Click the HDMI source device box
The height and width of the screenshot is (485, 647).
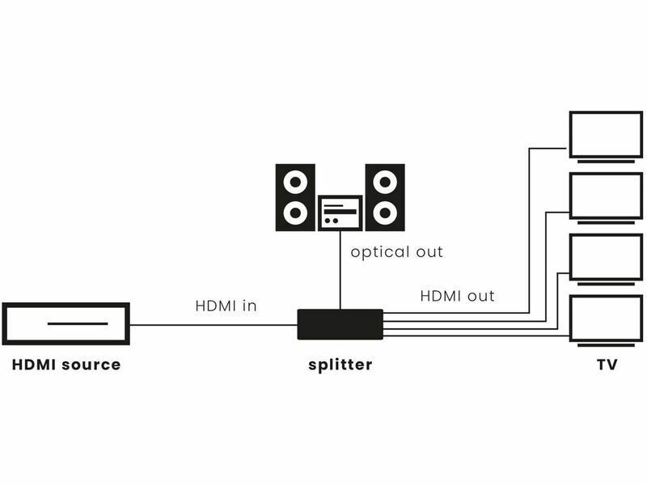coord(66,324)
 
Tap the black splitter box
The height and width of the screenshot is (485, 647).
coord(340,324)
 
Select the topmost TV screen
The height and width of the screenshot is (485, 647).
coord(605,134)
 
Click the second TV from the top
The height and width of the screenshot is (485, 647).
coord(605,196)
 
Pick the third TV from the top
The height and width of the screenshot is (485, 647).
coord(605,257)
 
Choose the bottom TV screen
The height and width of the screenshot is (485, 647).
coord(605,318)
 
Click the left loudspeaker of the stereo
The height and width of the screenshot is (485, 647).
coord(295,197)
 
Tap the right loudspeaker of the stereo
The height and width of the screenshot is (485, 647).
coord(384,197)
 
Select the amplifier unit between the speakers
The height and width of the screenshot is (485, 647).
coord(340,213)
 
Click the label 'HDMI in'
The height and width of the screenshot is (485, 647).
coord(226,306)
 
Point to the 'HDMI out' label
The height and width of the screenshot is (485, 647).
coord(457,296)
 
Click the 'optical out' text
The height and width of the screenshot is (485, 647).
coord(397,252)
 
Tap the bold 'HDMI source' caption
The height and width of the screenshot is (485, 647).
coord(66,365)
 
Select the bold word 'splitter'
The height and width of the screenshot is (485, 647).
coord(340,365)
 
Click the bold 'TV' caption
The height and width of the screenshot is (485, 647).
coord(607,365)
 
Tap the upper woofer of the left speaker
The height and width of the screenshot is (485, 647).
coord(295,182)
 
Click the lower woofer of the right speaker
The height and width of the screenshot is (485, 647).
coord(384,213)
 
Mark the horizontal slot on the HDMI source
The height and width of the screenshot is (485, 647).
coord(78,323)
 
